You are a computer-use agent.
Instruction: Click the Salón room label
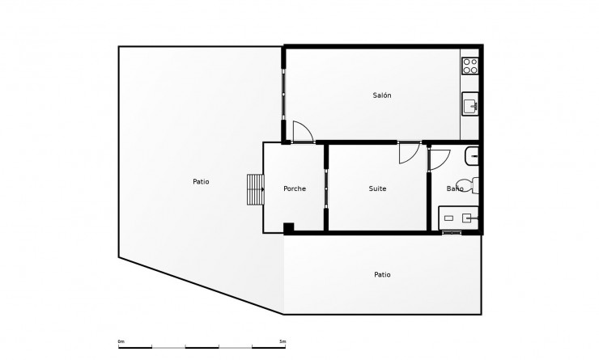[382, 95]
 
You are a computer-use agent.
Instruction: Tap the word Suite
[377, 188]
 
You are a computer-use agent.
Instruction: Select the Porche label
[295, 188]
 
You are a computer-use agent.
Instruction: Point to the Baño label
[455, 188]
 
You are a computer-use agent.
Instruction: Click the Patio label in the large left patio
[201, 181]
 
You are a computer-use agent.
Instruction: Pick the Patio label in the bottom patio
[382, 274]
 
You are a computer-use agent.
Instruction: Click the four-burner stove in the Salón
[470, 65]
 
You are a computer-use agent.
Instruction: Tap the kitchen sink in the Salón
[470, 104]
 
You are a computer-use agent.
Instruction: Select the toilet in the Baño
[467, 185]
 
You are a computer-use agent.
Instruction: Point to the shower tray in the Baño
[459, 218]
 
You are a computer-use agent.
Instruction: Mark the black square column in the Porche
[288, 227]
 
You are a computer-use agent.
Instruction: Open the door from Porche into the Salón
[303, 132]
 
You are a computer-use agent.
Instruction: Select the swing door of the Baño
[438, 157]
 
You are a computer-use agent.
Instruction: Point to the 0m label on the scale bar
[121, 341]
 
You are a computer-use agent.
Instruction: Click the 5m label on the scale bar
[282, 341]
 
